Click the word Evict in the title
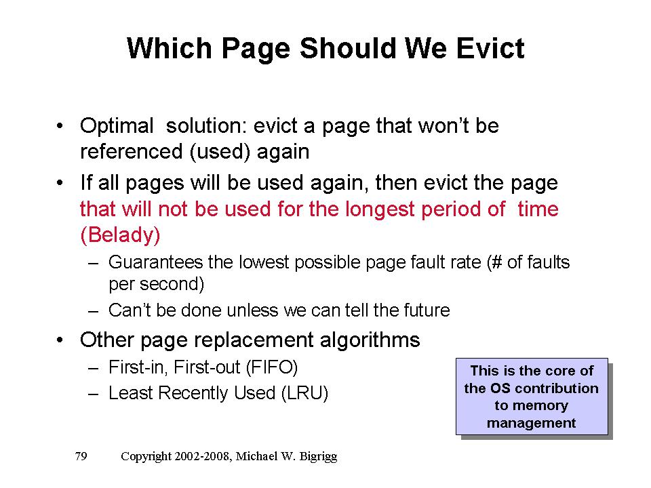tap(490, 48)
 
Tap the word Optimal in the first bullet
tap(117, 126)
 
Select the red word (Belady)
tap(120, 235)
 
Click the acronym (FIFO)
tap(271, 367)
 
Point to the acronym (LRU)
tap(304, 393)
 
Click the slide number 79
tap(81, 456)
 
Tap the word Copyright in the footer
tap(146, 456)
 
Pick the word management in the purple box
tap(531, 423)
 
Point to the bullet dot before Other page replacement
tap(60, 340)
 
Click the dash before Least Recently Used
tap(93, 394)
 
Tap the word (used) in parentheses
tap(220, 152)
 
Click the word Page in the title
tap(255, 49)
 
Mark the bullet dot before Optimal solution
tap(60, 126)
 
